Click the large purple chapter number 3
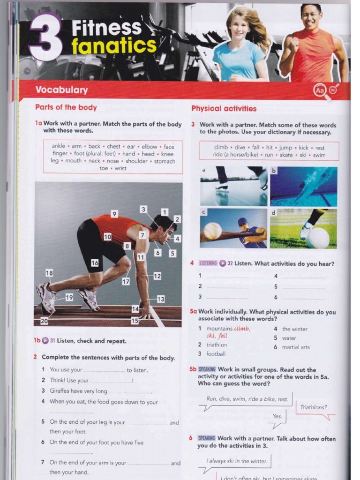point(45,37)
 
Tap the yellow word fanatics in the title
point(114,46)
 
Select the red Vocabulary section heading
point(61,90)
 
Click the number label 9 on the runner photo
point(114,214)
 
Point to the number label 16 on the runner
point(95,263)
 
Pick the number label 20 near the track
point(44,321)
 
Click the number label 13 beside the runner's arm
point(160,299)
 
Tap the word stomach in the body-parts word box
point(164,161)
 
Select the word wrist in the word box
point(120,168)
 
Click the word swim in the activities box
point(319,155)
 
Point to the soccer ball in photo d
point(318,238)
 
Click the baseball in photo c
point(212,231)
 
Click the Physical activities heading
point(224,109)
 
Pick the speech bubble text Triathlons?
point(314,407)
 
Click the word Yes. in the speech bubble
point(277,416)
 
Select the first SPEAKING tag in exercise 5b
point(207,369)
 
